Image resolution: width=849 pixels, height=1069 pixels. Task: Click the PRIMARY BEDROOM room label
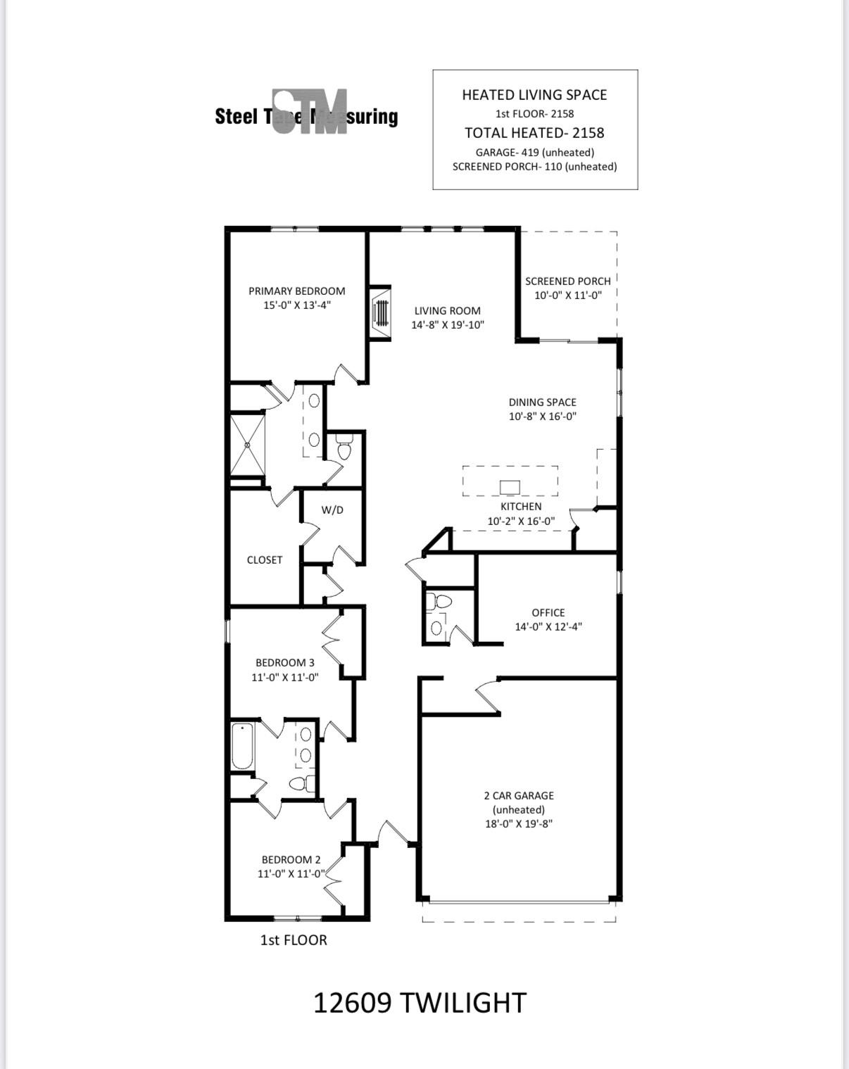click(296, 291)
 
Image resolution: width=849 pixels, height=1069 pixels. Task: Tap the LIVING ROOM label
click(447, 310)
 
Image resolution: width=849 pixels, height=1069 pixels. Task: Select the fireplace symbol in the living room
click(381, 312)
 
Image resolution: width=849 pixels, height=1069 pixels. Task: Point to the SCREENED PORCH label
click(567, 281)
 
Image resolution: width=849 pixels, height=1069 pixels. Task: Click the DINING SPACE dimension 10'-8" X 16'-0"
click(542, 416)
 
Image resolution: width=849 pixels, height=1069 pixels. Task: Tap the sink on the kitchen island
click(510, 487)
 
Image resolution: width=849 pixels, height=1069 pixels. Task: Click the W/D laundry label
click(332, 510)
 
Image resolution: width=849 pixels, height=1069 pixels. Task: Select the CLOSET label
click(264, 559)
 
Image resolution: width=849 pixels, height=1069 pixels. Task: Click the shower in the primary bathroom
click(248, 445)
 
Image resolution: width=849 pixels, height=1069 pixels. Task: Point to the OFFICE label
click(548, 612)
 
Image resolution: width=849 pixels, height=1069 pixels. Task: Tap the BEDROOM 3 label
click(284, 662)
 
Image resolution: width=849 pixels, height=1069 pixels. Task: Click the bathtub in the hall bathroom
click(242, 747)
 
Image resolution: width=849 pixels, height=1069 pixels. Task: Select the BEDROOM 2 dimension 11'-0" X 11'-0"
click(291, 873)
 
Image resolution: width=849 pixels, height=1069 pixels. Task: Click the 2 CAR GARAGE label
click(519, 795)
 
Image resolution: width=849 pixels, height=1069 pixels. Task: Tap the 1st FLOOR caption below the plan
click(294, 940)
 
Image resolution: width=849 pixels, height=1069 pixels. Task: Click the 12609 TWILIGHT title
click(419, 1002)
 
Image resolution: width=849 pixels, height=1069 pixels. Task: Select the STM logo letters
click(310, 111)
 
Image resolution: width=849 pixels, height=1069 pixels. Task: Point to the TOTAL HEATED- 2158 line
click(534, 132)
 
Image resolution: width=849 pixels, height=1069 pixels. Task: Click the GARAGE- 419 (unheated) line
click(534, 152)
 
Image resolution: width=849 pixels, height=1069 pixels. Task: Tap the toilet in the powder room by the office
click(442, 602)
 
